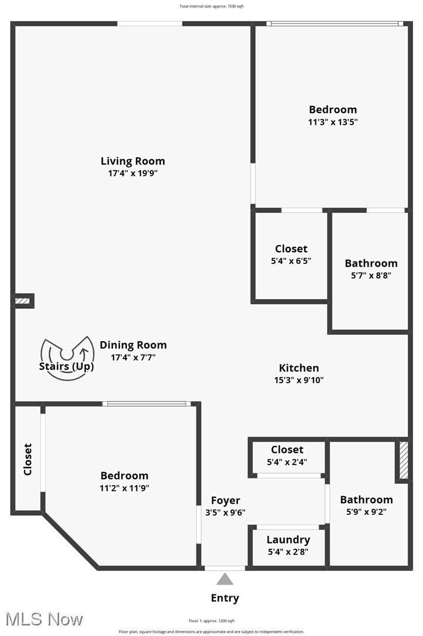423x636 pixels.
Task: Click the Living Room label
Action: tap(133, 161)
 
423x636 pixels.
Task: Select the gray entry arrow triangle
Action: tap(225, 579)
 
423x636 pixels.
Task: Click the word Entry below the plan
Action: tap(225, 598)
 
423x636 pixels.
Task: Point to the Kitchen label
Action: tap(298, 368)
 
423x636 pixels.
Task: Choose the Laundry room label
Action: tap(288, 539)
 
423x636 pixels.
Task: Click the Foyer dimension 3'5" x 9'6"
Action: tap(225, 513)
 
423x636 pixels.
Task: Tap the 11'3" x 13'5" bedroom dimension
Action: tap(332, 122)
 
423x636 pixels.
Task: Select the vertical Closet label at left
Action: tap(27, 459)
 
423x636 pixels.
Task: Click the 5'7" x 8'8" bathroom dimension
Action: tap(371, 276)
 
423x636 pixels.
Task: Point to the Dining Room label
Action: tap(133, 345)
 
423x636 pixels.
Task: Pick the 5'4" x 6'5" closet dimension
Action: tap(291, 261)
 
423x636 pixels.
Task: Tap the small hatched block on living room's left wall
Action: tap(23, 301)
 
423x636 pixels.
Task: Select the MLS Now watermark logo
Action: tap(42, 619)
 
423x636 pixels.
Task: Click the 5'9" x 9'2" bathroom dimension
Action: tap(366, 511)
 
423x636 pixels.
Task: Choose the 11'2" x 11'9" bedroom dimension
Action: tap(124, 488)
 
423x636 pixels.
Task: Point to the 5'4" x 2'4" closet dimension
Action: tap(287, 462)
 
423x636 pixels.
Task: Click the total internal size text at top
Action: tap(211, 6)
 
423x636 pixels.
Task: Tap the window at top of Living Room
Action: tap(149, 23)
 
